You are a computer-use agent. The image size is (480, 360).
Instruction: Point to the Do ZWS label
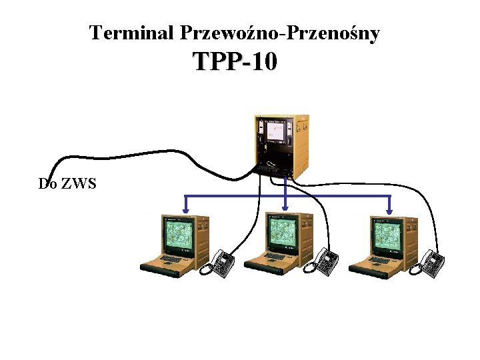(67, 183)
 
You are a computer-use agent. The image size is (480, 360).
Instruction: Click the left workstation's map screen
(179, 236)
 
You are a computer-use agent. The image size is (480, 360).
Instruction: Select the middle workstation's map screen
(283, 235)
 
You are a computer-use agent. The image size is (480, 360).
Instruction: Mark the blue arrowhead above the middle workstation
(286, 211)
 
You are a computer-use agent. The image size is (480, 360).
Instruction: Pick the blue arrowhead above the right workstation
(390, 211)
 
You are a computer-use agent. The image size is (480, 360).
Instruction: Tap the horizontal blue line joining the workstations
(233, 196)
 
